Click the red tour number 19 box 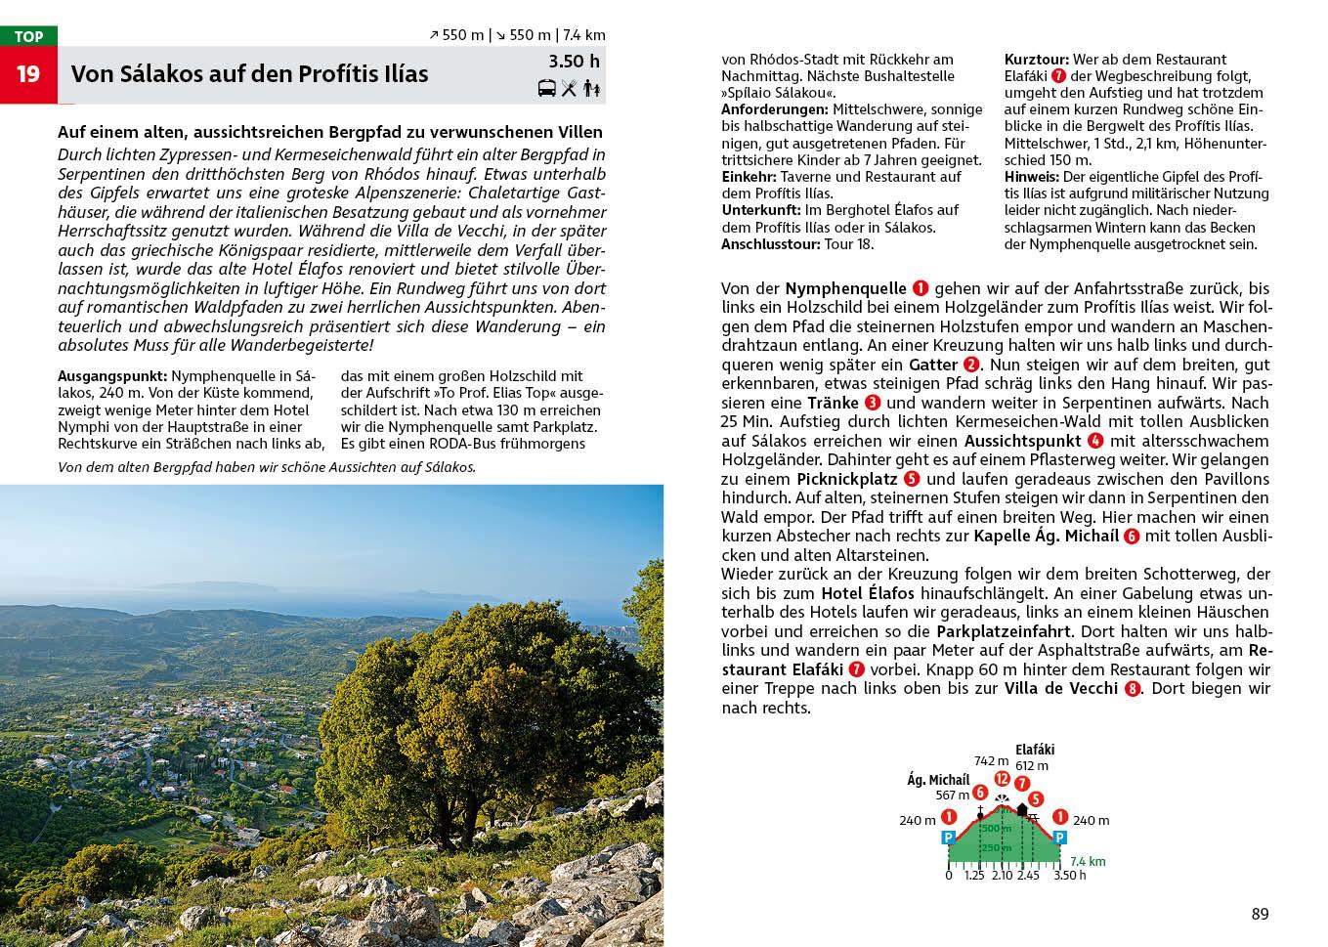click(28, 74)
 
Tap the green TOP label click(28, 36)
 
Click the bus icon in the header click(547, 89)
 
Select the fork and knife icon click(570, 89)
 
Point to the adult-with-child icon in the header click(591, 89)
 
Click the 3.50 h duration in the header click(574, 62)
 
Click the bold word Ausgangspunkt click(112, 375)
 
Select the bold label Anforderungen click(775, 109)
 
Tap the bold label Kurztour click(1036, 60)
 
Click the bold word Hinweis click(1031, 177)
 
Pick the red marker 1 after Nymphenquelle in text click(921, 288)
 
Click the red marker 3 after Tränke click(873, 403)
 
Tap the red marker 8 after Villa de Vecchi click(1133, 689)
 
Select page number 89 click(1260, 914)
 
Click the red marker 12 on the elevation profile click(1002, 779)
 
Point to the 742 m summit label click(991, 760)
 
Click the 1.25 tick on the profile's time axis click(974, 875)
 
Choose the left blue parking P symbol click(948, 838)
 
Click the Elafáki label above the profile click(1035, 751)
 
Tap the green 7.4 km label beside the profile click(1088, 862)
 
